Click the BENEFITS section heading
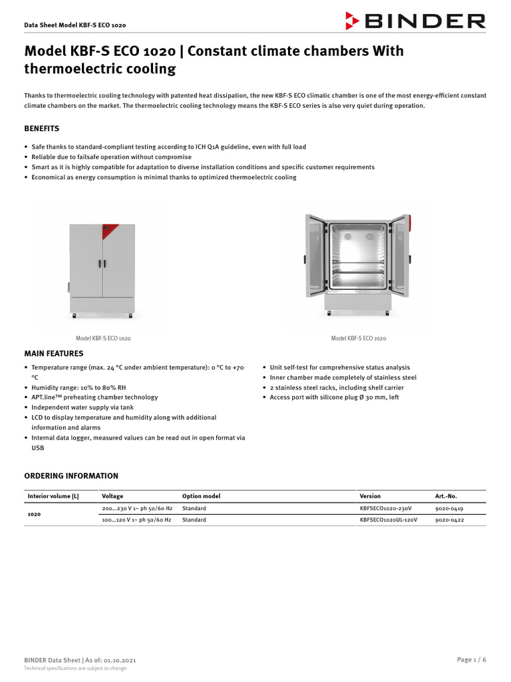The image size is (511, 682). tap(42, 129)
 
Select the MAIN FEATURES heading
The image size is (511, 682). tap(54, 354)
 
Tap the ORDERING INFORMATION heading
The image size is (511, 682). tap(71, 476)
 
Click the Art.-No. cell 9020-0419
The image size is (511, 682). tap(449, 508)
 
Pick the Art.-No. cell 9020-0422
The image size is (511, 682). tap(449, 519)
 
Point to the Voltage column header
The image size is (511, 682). tap(112, 496)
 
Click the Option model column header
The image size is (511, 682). tap(201, 496)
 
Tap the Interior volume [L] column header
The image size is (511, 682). tap(53, 496)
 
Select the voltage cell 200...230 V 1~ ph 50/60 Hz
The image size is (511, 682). tap(136, 508)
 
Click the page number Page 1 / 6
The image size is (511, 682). tap(471, 659)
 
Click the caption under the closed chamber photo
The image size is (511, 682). tap(103, 338)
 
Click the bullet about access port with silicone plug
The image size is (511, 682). tap(334, 397)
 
